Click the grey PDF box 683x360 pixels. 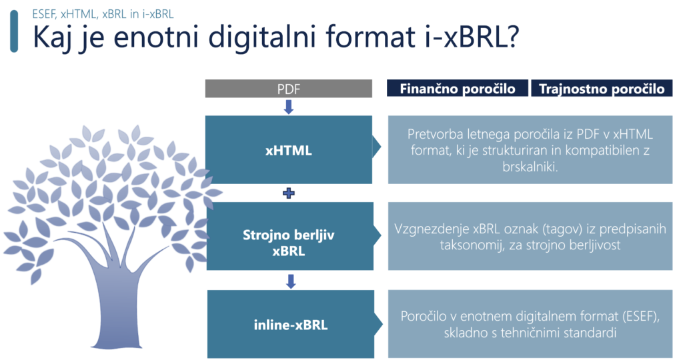(288, 89)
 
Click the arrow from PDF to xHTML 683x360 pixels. (288, 107)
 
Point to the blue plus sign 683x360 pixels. (288, 193)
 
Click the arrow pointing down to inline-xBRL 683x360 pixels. (291, 281)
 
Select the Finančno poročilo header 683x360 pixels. (458, 89)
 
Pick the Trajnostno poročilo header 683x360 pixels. (602, 89)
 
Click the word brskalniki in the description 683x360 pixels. (530, 167)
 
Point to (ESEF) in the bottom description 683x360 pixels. (641, 316)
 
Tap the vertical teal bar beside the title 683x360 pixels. (14, 31)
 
